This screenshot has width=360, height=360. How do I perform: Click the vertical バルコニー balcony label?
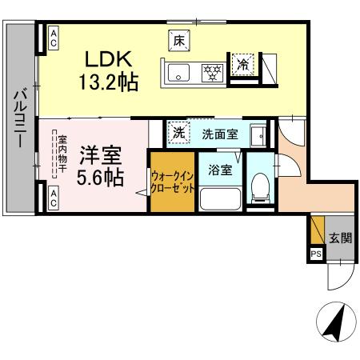click(18, 120)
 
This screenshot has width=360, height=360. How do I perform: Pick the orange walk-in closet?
click(171, 183)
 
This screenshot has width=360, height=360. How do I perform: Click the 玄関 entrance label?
click(340, 238)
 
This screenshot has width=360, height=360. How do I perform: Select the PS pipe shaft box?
click(317, 255)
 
